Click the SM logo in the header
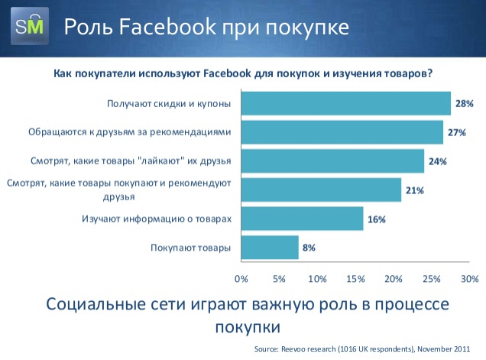pos(30,26)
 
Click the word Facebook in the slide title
pos(167,26)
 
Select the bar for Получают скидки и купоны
pos(346,103)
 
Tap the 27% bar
pos(342,132)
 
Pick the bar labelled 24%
pos(333,161)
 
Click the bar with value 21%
pos(322,190)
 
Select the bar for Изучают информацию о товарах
pos(302,219)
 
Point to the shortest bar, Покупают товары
pos(270,248)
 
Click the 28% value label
pos(465,103)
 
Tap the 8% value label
pos(309,248)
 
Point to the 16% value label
pos(377,219)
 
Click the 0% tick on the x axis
pos(241,279)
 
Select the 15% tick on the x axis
pos(355,279)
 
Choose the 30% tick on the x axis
pos(470,279)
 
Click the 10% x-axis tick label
pos(317,279)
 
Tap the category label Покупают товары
pos(190,248)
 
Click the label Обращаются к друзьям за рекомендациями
pos(130,132)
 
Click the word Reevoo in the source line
pos(293,349)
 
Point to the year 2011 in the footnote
pos(462,349)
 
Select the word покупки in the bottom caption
pos(248,327)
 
